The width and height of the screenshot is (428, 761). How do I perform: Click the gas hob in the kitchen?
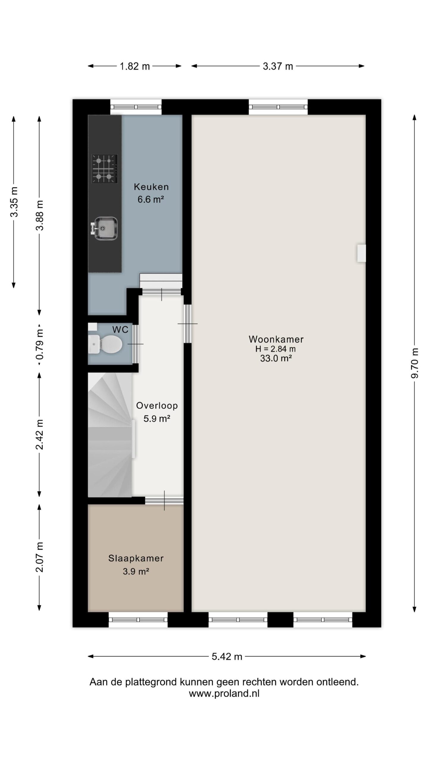click(105, 169)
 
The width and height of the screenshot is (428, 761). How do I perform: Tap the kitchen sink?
click(105, 228)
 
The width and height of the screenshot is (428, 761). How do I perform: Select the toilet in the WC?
click(106, 344)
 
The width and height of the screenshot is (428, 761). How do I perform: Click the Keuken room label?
click(151, 187)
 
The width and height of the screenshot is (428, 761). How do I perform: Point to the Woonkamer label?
click(276, 339)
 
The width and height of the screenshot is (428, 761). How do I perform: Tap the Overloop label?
click(157, 405)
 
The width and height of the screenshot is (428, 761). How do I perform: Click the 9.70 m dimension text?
click(415, 363)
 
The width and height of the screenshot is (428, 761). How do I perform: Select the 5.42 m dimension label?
click(227, 657)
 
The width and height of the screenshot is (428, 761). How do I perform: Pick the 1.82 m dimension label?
click(135, 66)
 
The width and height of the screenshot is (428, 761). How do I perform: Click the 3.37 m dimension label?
click(278, 66)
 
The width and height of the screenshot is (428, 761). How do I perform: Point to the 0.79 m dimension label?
click(40, 344)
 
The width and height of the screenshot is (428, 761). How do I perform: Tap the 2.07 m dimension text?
click(40, 557)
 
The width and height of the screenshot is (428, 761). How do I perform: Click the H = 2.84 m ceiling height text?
click(276, 349)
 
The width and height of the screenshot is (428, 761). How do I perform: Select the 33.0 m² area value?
click(276, 359)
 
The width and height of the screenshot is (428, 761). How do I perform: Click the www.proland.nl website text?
click(224, 694)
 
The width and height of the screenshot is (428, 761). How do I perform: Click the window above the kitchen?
click(136, 107)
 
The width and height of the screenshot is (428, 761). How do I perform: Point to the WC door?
click(135, 344)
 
